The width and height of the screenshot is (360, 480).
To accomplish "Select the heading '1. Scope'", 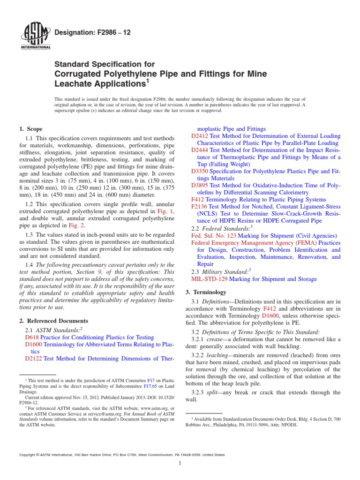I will point(31,129).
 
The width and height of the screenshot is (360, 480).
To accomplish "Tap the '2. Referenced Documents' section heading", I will point(53,321).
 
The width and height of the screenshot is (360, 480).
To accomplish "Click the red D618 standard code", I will point(32,337).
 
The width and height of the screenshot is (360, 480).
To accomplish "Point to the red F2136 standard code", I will point(200,206).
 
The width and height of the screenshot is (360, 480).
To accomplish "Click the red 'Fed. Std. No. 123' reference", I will point(212,235).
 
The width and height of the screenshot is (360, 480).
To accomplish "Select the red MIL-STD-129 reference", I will point(210,279).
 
